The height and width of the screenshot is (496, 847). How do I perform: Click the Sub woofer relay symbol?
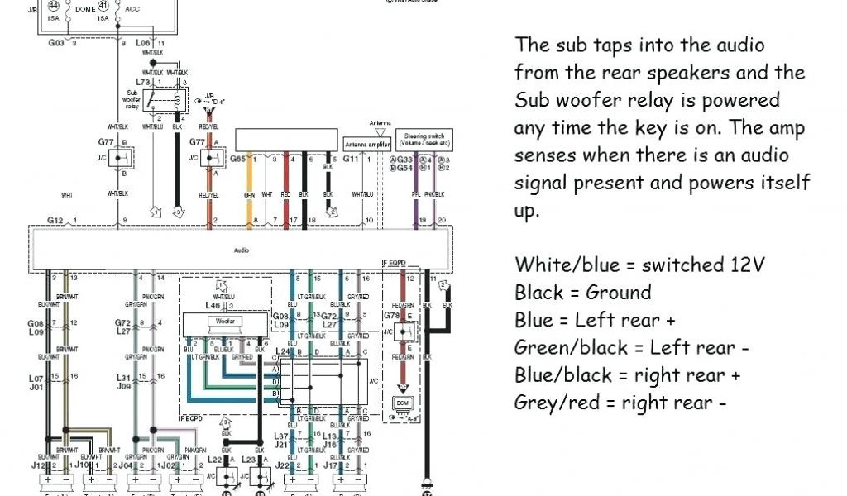click(x=162, y=100)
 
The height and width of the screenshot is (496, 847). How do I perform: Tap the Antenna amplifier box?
click(x=366, y=144)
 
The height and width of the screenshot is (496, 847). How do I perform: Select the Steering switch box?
click(x=423, y=138)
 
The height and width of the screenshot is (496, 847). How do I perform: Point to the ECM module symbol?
click(x=401, y=405)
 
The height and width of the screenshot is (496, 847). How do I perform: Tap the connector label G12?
click(x=55, y=220)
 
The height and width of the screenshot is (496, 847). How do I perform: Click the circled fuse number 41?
click(x=104, y=4)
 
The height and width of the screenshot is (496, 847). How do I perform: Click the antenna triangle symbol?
click(x=380, y=130)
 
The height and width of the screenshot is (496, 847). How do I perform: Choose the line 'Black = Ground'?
click(x=582, y=292)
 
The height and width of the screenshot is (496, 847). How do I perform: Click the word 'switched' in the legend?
click(x=682, y=265)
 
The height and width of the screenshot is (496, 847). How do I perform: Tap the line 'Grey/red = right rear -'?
click(x=620, y=403)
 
